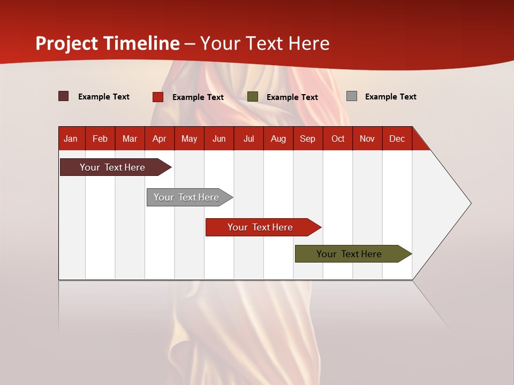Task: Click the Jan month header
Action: [71, 138]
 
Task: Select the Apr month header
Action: [159, 138]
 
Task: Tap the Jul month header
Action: [248, 138]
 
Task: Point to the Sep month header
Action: [307, 138]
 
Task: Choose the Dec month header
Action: [397, 138]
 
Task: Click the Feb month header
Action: [100, 138]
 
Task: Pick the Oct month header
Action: [338, 138]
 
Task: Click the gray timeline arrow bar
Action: [187, 197]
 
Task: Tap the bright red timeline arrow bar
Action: [261, 227]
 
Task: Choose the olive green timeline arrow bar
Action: [351, 254]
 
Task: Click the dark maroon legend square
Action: [64, 96]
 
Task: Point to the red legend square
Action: [158, 97]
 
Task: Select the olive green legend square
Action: [253, 97]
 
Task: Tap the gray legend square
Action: [352, 96]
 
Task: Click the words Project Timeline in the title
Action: [108, 43]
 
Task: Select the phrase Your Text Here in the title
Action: [265, 43]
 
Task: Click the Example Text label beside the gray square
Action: [390, 97]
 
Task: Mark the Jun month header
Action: [219, 138]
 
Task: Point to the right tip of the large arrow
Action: [470, 203]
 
